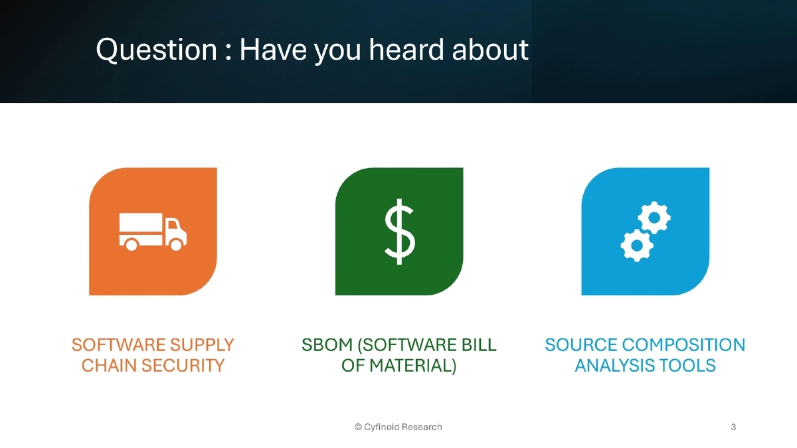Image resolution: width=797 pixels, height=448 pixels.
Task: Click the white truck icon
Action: (x=153, y=232)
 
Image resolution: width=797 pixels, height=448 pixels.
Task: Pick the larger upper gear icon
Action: (x=654, y=217)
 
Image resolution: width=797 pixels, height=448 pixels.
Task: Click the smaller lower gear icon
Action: (x=636, y=245)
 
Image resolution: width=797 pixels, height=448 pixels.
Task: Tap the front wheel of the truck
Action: (x=176, y=245)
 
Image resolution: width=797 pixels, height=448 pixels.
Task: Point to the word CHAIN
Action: (x=107, y=366)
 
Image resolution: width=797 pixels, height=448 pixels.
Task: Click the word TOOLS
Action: (x=688, y=366)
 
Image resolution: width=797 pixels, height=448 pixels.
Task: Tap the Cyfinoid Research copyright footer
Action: (x=398, y=427)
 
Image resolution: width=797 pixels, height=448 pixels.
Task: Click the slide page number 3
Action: (x=733, y=427)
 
